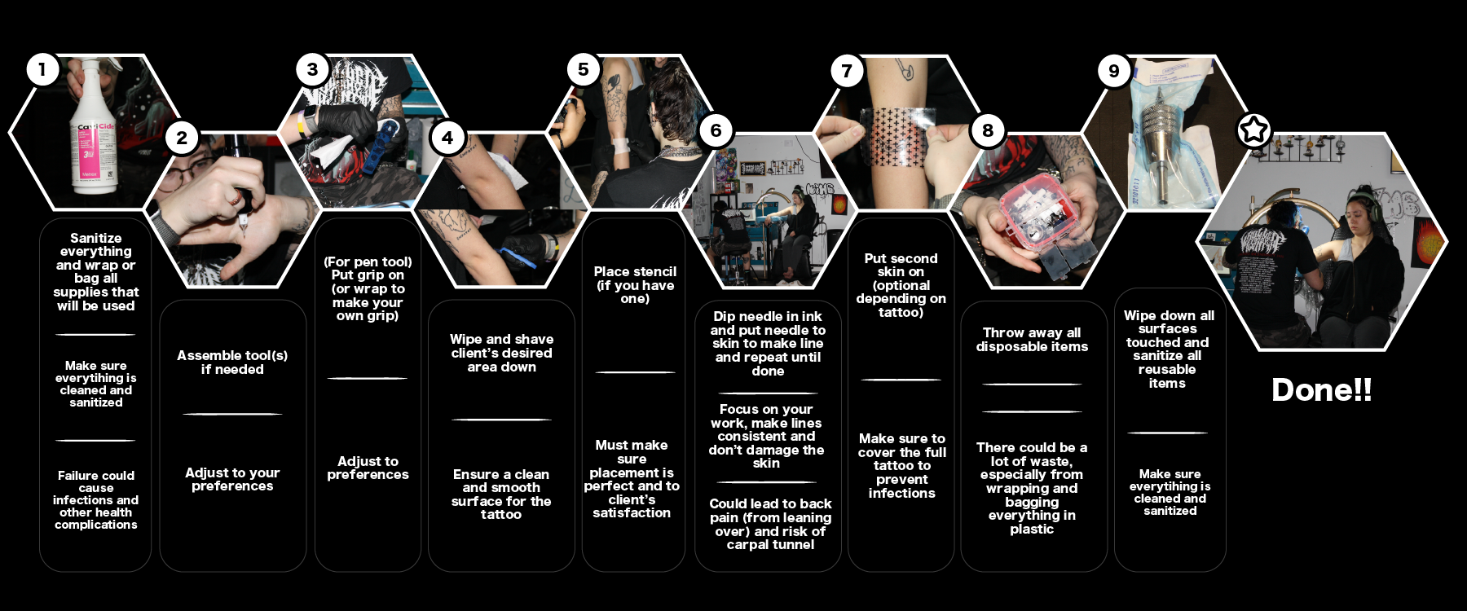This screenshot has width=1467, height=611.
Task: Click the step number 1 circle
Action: tap(42, 69)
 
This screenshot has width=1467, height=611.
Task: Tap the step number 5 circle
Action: tap(583, 69)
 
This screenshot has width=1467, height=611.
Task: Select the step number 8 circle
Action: tap(987, 130)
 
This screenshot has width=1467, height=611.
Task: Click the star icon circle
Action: tap(1253, 130)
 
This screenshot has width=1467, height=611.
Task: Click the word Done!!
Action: tap(1321, 389)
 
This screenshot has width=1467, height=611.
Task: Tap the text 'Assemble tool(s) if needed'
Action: tap(232, 362)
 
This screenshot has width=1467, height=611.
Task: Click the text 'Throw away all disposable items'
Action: tap(1032, 339)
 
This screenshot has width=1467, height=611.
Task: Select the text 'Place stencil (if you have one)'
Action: tap(635, 285)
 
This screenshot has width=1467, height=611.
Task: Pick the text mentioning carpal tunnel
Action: tap(770, 524)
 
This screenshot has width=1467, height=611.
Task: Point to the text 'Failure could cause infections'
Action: tap(96, 499)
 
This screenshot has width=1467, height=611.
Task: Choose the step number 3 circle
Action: tap(312, 69)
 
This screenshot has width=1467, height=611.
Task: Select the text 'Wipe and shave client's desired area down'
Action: tap(501, 353)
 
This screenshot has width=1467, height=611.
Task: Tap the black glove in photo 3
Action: tap(346, 122)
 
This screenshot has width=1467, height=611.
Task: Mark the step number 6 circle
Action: tap(716, 130)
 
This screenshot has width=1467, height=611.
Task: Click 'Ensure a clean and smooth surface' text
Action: tap(501, 494)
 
